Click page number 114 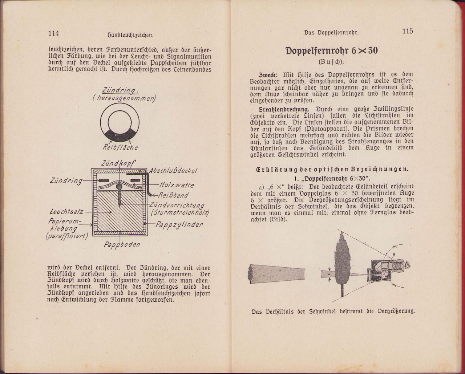pos(53,33)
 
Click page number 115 pos(408,31)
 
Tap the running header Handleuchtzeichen pos(130,35)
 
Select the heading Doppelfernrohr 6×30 pos(331,51)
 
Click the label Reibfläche pos(120,148)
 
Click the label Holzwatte pos(177,185)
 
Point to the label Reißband pos(173,195)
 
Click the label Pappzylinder pos(179,225)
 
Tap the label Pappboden pos(122,244)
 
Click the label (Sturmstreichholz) pos(176,212)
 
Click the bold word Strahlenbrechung pos(284,109)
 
